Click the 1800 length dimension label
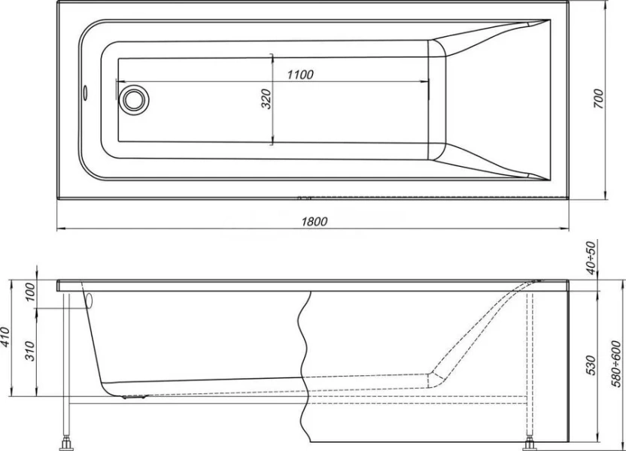pos(313,220)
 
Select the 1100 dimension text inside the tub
pos(299,74)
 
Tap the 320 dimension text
pos(266,99)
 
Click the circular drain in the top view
pos(135,98)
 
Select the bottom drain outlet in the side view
pos(136,394)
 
